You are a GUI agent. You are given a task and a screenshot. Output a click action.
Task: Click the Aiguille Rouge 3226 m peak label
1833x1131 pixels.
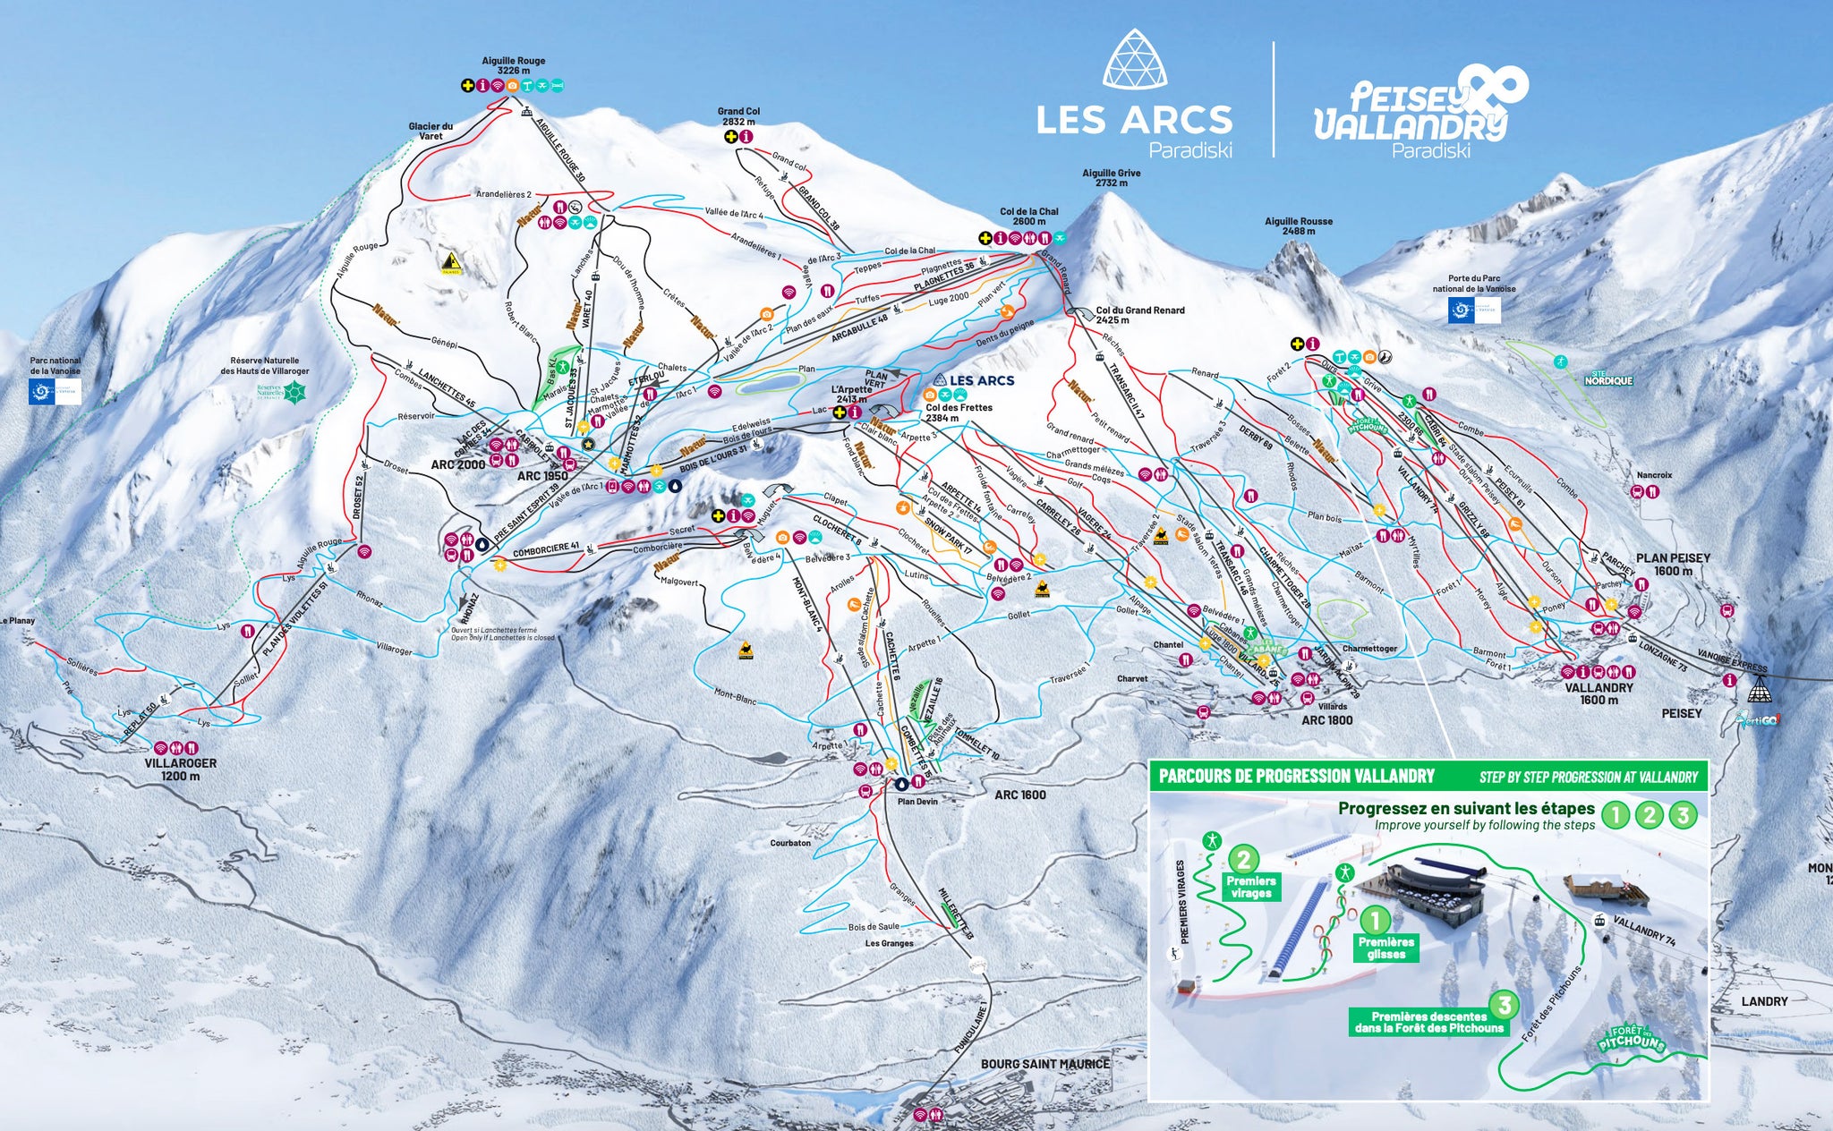coord(513,65)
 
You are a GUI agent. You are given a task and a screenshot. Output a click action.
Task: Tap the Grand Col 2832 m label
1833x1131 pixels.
coord(738,116)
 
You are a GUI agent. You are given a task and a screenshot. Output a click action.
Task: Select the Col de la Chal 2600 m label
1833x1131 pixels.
coord(1028,217)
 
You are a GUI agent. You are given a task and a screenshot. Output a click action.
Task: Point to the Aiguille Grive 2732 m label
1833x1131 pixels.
coord(1111,177)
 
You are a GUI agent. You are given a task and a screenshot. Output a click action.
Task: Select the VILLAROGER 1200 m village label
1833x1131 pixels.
coord(180,770)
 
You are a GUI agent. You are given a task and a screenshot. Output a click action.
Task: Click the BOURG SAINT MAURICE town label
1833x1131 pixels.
coord(1044,1064)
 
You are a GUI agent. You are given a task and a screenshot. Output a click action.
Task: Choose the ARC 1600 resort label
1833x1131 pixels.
coord(1019,795)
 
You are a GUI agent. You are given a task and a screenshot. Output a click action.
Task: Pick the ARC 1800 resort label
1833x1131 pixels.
coord(1326,719)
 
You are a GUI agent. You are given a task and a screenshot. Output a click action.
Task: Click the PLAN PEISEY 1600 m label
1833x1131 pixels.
coord(1673,564)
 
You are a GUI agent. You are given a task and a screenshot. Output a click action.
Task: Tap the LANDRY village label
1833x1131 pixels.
coord(1764,1001)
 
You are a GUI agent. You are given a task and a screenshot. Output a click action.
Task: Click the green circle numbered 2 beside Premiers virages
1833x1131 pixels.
coord(1244,860)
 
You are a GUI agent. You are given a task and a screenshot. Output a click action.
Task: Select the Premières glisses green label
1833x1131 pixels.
coord(1385,948)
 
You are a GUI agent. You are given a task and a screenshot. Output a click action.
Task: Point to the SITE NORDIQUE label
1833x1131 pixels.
coord(1608,379)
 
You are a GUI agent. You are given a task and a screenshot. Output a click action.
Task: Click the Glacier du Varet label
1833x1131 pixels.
coord(431,132)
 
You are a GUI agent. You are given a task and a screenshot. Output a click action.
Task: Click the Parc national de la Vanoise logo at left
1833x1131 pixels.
coord(55,391)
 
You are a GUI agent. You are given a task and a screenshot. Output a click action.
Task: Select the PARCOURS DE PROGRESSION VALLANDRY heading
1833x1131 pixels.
coord(1296,776)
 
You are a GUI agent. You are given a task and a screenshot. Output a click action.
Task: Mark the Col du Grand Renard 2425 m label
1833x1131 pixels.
coord(1139,314)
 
